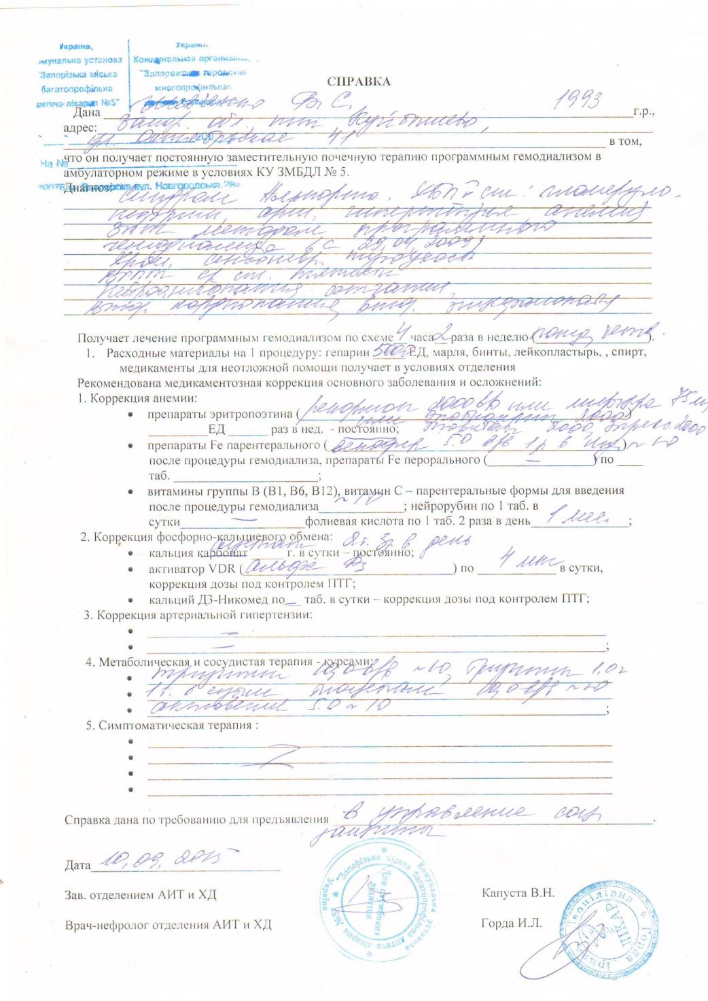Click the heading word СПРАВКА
(x=359, y=82)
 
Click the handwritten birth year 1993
(x=578, y=100)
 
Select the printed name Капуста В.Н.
(x=518, y=893)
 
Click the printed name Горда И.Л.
(x=512, y=923)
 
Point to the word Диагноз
(x=87, y=188)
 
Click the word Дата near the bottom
(x=77, y=865)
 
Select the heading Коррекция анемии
(x=143, y=398)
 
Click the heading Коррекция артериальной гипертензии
(x=205, y=615)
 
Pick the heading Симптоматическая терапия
(x=178, y=725)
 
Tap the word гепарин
(x=347, y=353)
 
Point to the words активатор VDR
(x=191, y=569)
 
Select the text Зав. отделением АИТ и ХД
(x=140, y=895)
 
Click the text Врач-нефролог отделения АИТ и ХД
(x=168, y=925)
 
